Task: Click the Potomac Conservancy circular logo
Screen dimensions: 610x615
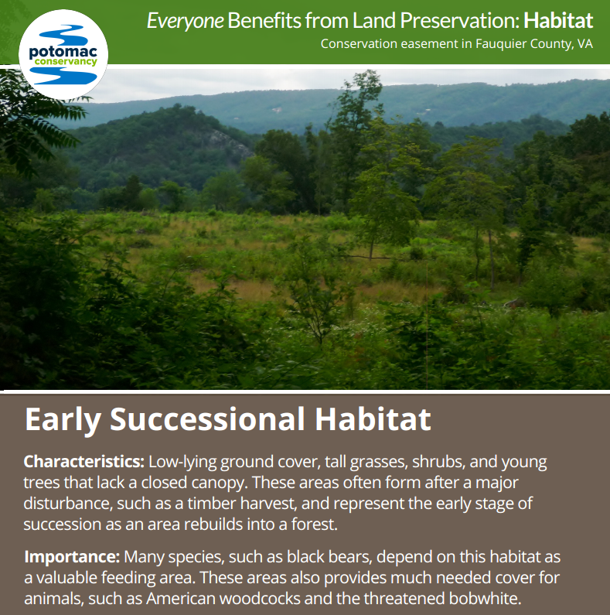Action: [x=63, y=54]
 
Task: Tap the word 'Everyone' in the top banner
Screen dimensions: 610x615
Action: [x=185, y=21]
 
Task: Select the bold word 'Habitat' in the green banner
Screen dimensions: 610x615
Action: [x=558, y=20]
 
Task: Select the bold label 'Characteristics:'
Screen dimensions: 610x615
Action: [x=84, y=462]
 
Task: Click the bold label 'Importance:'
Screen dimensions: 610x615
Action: [x=72, y=557]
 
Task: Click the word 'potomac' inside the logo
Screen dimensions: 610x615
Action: [x=63, y=52]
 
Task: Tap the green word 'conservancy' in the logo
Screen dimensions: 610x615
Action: [x=66, y=62]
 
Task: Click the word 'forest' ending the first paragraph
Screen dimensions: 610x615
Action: [x=314, y=524]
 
